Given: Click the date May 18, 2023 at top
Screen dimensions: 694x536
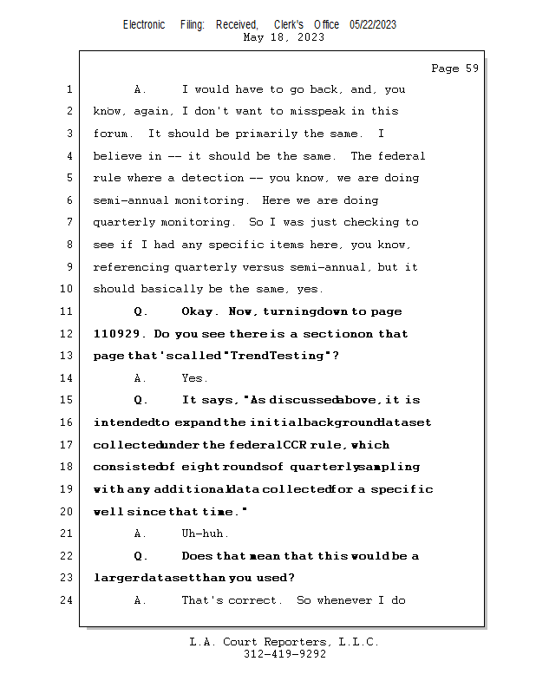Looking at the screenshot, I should pyautogui.click(x=284, y=37).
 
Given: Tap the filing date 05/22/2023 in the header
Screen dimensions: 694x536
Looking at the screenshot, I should pyautogui.click(x=373, y=24).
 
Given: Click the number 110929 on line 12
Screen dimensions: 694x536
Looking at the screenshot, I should pyautogui.click(x=115, y=334).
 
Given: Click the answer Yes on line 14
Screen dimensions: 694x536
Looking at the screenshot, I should pyautogui.click(x=193, y=378).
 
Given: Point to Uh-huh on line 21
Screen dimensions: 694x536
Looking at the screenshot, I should pyautogui.click(x=205, y=534).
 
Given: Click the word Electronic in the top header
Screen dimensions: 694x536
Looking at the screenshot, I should pyautogui.click(x=144, y=24).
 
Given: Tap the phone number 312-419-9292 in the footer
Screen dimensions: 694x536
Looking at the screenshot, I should pyautogui.click(x=284, y=654).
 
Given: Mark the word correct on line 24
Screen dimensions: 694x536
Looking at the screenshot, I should pyautogui.click(x=255, y=600).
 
